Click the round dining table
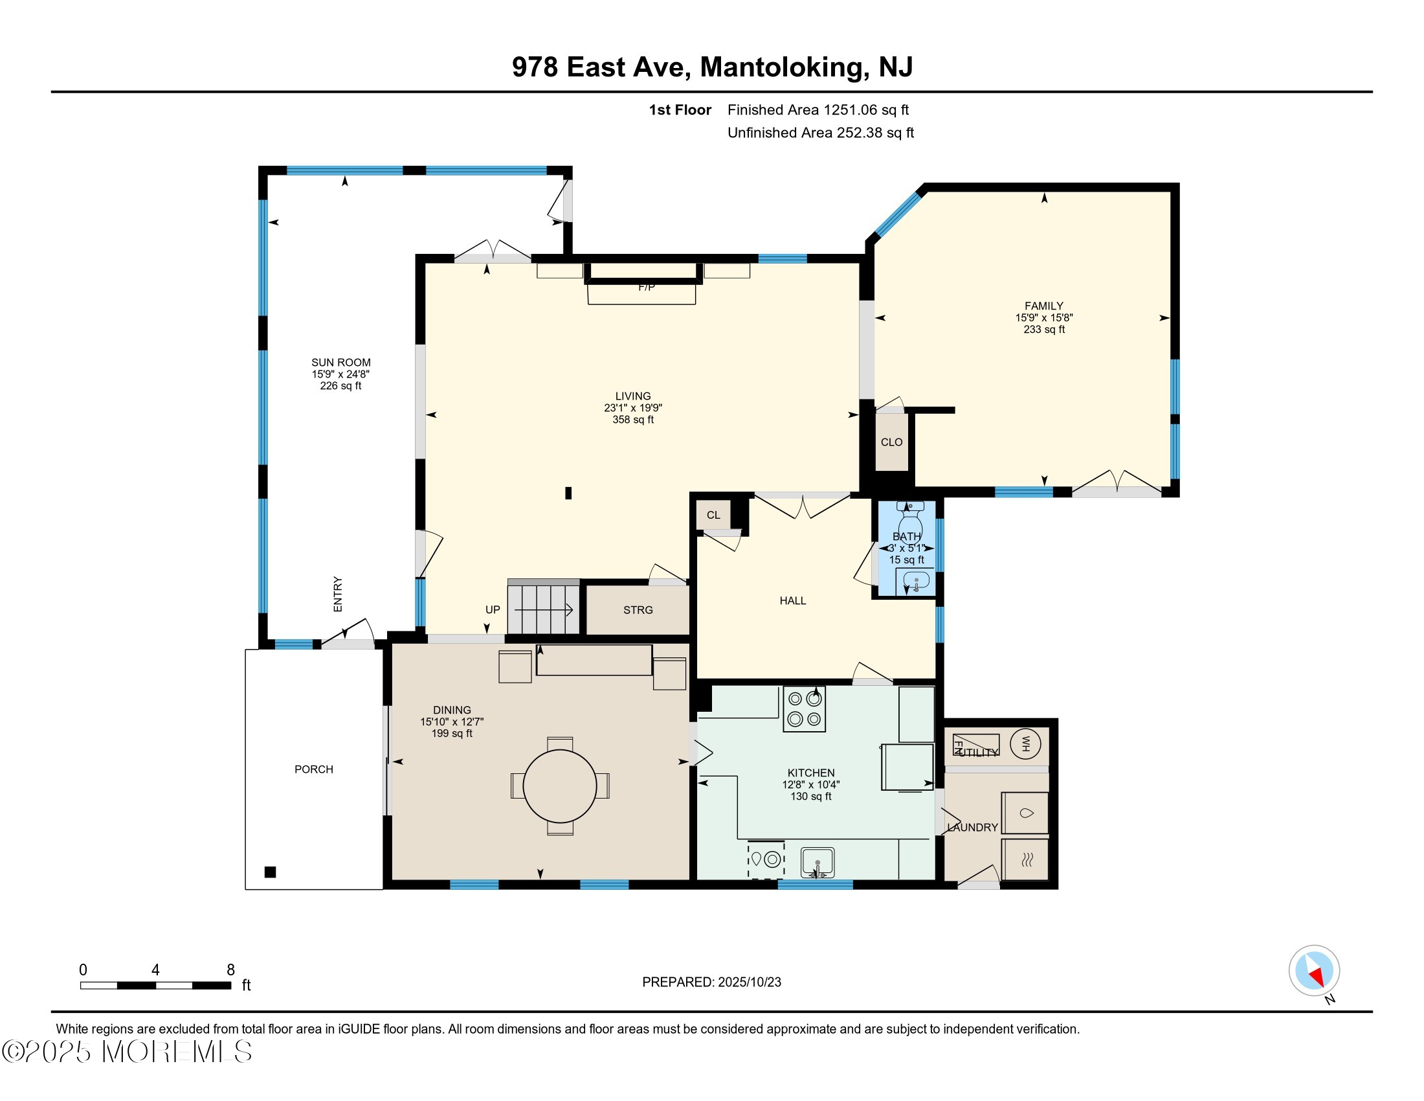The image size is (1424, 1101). [559, 786]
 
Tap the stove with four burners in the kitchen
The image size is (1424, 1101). [804, 709]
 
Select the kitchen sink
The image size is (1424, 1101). [818, 863]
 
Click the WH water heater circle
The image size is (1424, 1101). [1026, 743]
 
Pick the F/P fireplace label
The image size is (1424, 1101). [646, 287]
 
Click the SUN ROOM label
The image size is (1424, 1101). [341, 363]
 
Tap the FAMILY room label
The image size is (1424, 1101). [1044, 306]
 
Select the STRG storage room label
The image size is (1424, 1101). [638, 610]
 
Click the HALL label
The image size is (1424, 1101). [793, 601]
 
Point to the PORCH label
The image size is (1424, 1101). [314, 769]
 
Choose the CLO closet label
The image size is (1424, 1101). [891, 442]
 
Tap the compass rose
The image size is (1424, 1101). [1314, 971]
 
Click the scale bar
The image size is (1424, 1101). [156, 986]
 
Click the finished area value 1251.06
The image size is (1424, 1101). [851, 110]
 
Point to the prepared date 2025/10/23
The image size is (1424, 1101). [749, 982]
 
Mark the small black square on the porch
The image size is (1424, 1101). [271, 872]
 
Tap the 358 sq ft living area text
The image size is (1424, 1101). [633, 420]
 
